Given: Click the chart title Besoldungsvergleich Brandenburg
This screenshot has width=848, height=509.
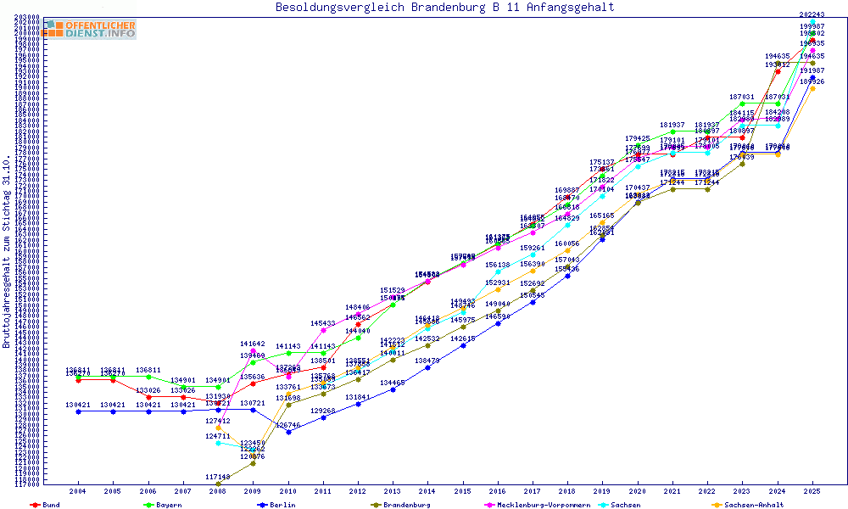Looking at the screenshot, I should pyautogui.click(x=444, y=8).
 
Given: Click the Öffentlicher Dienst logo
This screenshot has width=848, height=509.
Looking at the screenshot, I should pyautogui.click(x=90, y=29).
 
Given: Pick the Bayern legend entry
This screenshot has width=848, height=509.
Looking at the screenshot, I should pyautogui.click(x=166, y=505).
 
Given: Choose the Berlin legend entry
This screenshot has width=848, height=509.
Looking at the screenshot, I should pyautogui.click(x=282, y=505).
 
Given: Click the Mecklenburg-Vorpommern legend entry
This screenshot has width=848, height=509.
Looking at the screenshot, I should pyautogui.click(x=549, y=505).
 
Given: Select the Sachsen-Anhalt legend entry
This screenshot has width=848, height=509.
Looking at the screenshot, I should pyautogui.click(x=751, y=505).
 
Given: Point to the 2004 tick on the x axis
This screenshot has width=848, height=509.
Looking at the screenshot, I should pyautogui.click(x=78, y=491).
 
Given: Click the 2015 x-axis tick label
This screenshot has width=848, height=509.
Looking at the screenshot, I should pyautogui.click(x=462, y=491).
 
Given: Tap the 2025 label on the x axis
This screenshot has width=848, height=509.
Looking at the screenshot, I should pyautogui.click(x=812, y=491).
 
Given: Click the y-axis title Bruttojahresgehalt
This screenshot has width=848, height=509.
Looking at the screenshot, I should pyautogui.click(x=7, y=252).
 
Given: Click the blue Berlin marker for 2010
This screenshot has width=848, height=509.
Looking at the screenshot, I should pyautogui.click(x=288, y=432).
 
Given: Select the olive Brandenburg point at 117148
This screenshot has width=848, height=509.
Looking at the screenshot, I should pyautogui.click(x=218, y=484).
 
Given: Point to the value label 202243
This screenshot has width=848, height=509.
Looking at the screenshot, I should pyautogui.click(x=812, y=14).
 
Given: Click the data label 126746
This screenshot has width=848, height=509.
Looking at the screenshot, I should pyautogui.click(x=288, y=424).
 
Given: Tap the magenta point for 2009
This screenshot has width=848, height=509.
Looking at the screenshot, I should pyautogui.click(x=254, y=351).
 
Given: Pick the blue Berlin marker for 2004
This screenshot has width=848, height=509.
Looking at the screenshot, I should pyautogui.click(x=78, y=412).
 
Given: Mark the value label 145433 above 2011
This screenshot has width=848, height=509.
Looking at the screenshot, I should pyautogui.click(x=323, y=323).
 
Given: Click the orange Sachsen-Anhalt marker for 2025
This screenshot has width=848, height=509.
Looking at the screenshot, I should pyautogui.click(x=812, y=88).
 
